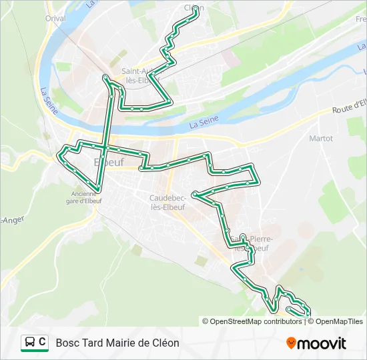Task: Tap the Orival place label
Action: tap(56, 19)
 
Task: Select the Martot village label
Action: tap(321, 139)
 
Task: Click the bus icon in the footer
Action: tap(30, 343)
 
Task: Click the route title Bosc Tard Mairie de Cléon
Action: tap(117, 343)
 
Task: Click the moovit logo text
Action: tap(322, 343)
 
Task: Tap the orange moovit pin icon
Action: tap(291, 343)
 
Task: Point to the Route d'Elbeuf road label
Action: tap(350, 107)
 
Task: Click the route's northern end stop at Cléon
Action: tap(196, 9)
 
